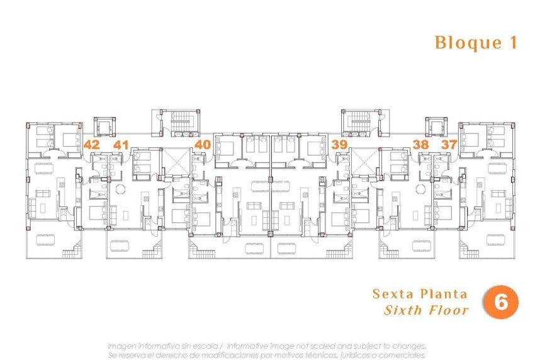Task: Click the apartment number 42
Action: [91, 144]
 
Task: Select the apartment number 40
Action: [202, 144]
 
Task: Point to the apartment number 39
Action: [340, 145]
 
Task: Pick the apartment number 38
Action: [420, 144]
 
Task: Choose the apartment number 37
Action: [449, 144]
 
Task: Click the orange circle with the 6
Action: [501, 303]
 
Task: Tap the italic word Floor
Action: [447, 310]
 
